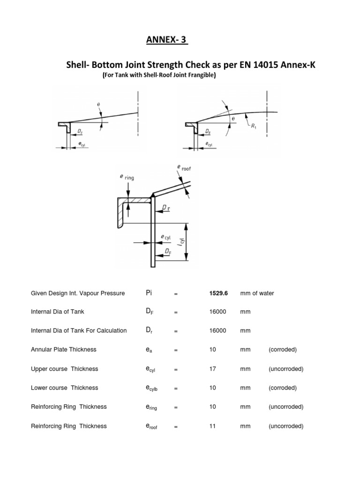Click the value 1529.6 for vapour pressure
click(x=218, y=293)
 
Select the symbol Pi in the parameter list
click(x=150, y=293)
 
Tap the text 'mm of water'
click(x=257, y=293)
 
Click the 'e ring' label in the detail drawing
click(x=127, y=177)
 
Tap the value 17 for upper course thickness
click(x=212, y=369)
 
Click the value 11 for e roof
click(x=212, y=426)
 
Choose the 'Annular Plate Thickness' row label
click(x=63, y=350)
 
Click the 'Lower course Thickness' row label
click(x=64, y=388)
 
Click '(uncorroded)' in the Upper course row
click(x=286, y=369)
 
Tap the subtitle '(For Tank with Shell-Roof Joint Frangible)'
click(x=159, y=75)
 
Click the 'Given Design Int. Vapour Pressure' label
click(x=78, y=293)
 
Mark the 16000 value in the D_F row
click(x=218, y=312)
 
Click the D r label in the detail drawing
click(x=165, y=207)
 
